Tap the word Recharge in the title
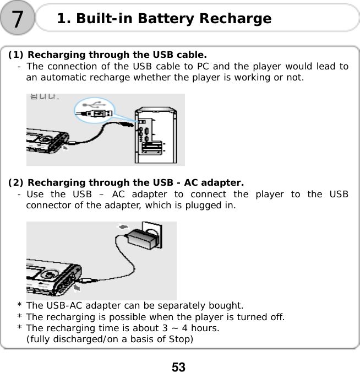(235, 19)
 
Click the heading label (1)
(16, 55)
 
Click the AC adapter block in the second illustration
(141, 240)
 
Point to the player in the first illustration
(47, 143)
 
